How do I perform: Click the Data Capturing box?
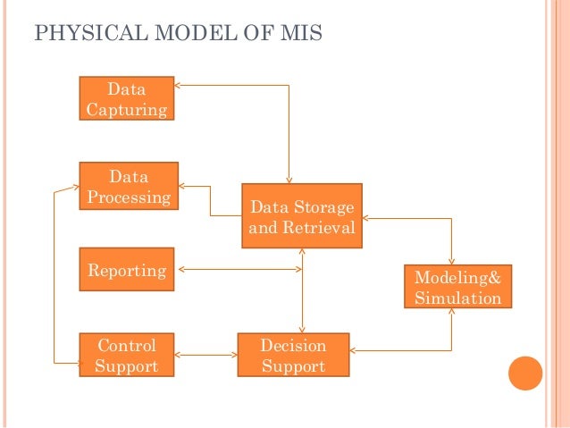126,99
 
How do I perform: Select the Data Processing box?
129,186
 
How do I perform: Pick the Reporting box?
127,270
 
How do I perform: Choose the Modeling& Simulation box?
457,287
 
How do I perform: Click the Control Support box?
126,355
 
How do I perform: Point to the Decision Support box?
292,355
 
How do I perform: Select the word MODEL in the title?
181,35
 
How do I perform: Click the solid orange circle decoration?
525,374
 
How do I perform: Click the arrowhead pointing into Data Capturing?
179,86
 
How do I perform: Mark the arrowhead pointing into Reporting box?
180,269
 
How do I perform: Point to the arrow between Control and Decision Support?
205,355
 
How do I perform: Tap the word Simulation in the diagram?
457,298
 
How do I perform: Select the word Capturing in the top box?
126,110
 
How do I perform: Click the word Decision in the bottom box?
292,345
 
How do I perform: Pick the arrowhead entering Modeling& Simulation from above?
452,259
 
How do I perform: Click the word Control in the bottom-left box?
126,345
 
